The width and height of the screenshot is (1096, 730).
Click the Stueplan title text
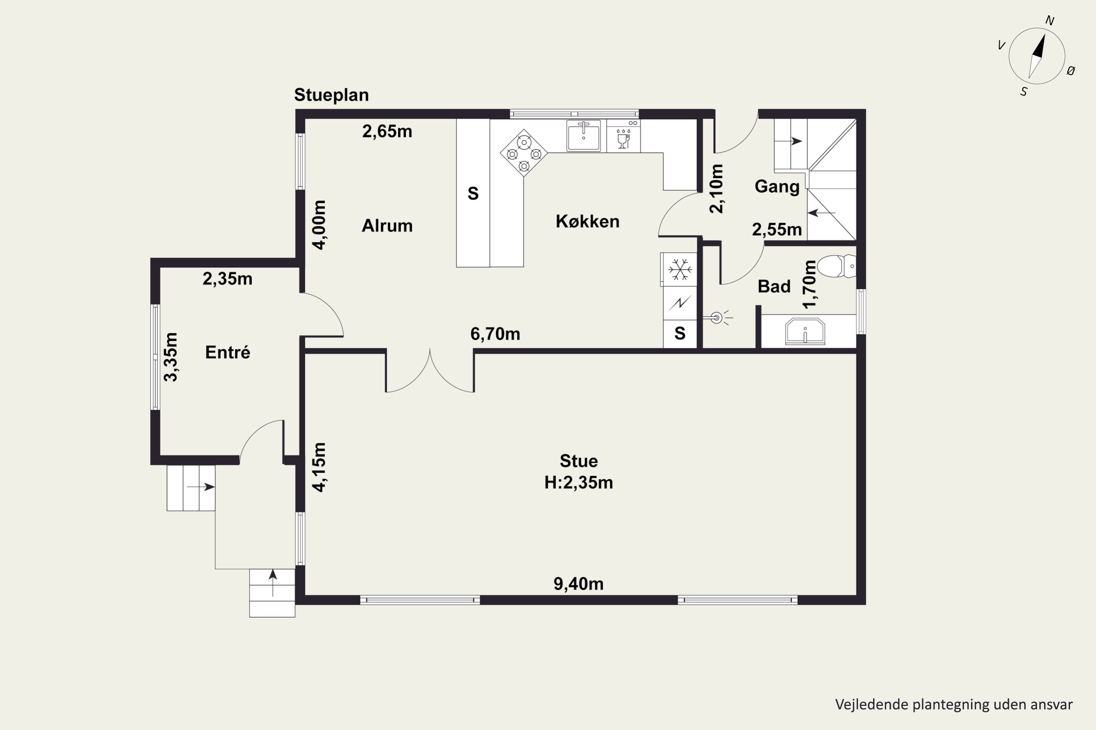point(331,95)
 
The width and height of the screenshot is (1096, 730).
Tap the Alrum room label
point(387,226)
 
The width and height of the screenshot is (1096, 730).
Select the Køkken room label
point(587,222)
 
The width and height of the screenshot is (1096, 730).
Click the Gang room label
point(777,187)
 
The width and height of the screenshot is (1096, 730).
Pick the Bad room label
point(774,286)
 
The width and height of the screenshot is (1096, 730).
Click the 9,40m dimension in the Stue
point(578,584)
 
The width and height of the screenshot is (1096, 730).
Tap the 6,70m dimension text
point(495,334)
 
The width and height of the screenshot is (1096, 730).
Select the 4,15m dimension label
point(319,467)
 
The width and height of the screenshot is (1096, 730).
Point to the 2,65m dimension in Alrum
point(387,131)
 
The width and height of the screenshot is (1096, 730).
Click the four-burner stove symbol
point(524,153)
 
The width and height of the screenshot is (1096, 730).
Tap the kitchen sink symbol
point(583,135)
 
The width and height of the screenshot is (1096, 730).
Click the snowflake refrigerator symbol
point(680,270)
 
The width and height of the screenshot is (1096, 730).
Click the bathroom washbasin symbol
point(805,331)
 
